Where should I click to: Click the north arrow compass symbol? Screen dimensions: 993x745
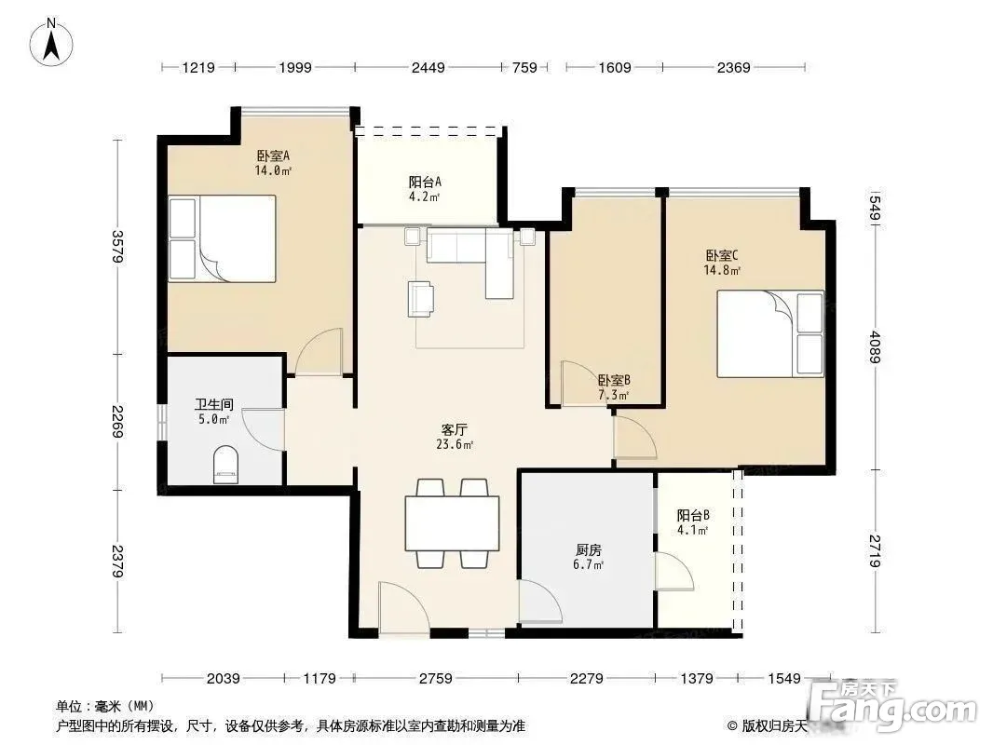point(51,43)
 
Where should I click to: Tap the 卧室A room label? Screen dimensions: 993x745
point(273,156)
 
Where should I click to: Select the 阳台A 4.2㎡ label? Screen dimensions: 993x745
point(424,189)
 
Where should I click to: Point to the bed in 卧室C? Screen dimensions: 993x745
point(770,333)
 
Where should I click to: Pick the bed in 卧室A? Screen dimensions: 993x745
point(223,238)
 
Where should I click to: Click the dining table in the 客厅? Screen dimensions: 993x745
point(452,523)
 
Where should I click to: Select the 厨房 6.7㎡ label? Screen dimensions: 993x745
point(589,557)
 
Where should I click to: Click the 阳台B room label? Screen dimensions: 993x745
point(693,516)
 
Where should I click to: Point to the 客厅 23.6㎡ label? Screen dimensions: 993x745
point(455,437)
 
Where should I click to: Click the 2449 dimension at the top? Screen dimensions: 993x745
point(428,67)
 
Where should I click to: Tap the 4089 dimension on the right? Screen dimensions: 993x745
point(876,346)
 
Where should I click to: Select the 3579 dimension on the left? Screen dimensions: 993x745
point(117,246)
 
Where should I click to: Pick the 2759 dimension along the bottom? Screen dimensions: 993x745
point(436,679)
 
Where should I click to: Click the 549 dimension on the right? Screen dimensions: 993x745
point(876,208)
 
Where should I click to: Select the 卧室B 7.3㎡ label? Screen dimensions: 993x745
point(614,387)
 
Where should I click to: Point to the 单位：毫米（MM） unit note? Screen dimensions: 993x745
point(105,706)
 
